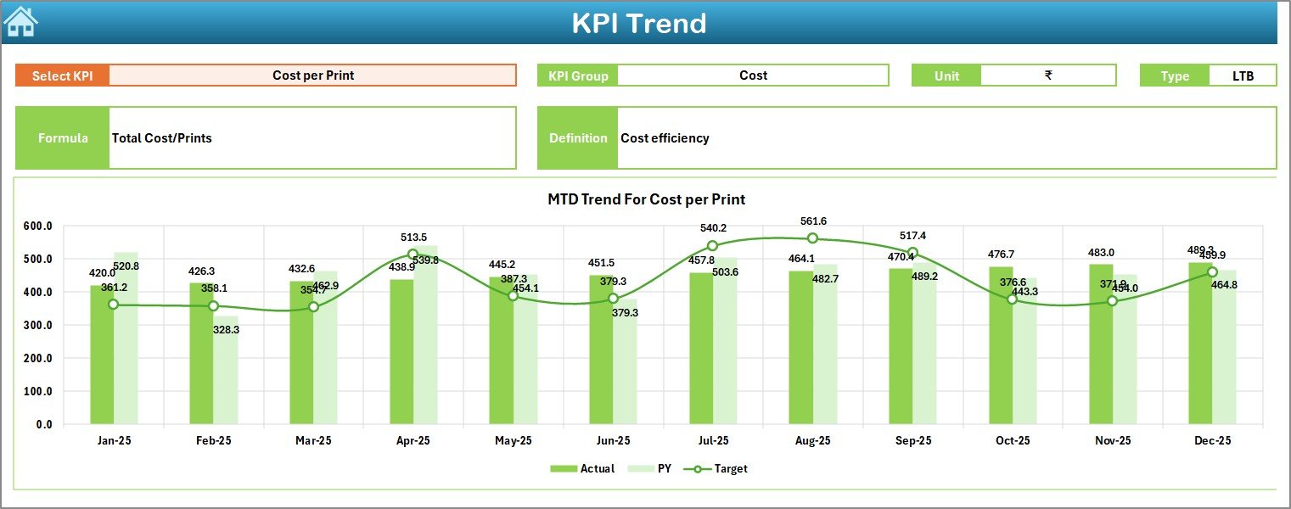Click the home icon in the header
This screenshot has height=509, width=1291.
tap(20, 21)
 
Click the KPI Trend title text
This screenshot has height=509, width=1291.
tap(638, 23)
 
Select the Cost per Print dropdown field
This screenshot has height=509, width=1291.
tap(312, 76)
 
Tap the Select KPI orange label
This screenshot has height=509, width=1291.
tap(62, 76)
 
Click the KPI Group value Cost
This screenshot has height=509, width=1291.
tap(753, 76)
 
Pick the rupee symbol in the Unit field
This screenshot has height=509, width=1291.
tap(1048, 76)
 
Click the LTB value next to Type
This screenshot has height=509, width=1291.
tap(1243, 76)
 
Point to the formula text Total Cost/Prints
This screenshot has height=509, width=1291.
tap(162, 138)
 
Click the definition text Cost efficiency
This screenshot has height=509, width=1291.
tap(665, 138)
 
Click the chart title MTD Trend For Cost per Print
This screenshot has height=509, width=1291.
tap(646, 200)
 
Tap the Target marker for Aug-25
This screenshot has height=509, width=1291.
tap(812, 238)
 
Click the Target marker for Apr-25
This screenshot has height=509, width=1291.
tap(413, 254)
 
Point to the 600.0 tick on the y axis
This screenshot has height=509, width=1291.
tap(37, 227)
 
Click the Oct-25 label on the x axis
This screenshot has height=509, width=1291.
tap(1013, 441)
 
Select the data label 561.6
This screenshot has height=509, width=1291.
tap(812, 222)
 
